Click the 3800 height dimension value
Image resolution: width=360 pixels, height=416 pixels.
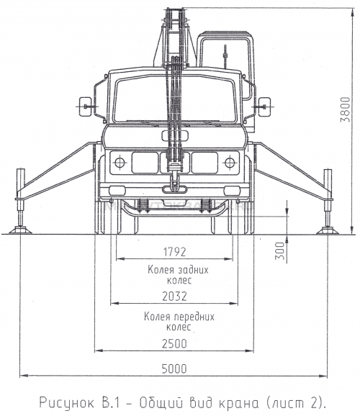346,109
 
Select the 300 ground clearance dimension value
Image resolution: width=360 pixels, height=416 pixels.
279,250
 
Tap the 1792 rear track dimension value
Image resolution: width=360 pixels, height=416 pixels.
174,252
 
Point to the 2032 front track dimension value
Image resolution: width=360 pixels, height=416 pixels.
174,296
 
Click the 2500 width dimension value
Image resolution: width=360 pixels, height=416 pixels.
174,343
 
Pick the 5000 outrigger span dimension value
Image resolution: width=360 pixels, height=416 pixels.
174,368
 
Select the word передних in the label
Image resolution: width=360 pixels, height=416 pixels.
194,317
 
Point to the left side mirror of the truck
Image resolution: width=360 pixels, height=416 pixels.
86,107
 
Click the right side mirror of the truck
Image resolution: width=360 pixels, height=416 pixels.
265,107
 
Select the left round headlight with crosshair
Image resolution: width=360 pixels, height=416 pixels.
120,163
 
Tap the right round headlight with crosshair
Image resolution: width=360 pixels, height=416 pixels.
230,163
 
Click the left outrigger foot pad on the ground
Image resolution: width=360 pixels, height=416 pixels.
20,230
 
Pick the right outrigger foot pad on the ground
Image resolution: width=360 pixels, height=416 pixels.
328,230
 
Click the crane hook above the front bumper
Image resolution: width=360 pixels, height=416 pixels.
174,181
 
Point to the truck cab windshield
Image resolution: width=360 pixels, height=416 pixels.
175,99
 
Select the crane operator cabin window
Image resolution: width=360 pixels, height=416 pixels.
225,53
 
